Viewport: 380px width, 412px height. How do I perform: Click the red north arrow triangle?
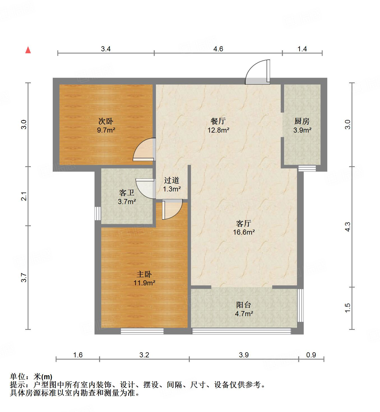click(x=28, y=50)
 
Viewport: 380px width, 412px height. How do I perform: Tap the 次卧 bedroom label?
click(x=106, y=121)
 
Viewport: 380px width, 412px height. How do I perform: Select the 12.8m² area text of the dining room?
click(x=218, y=130)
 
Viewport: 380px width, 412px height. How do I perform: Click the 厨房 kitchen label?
click(x=302, y=121)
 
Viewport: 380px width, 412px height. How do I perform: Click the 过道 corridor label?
click(x=171, y=180)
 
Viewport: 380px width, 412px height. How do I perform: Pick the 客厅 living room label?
click(x=244, y=223)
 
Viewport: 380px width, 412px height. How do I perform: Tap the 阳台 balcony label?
click(x=244, y=305)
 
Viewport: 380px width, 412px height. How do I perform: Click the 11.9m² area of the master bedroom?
click(x=144, y=283)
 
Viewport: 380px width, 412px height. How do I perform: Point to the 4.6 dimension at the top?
click(x=218, y=49)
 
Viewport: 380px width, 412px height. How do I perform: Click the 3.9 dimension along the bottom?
click(x=244, y=355)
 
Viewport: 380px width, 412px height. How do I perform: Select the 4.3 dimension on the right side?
click(x=347, y=227)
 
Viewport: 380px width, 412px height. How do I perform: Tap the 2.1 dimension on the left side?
click(x=25, y=196)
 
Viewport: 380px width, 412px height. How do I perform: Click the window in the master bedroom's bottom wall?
click(x=142, y=331)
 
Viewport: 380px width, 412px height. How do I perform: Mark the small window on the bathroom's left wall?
click(x=97, y=213)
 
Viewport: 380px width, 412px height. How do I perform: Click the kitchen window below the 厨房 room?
click(x=307, y=168)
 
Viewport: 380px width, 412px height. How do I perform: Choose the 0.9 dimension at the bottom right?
click(x=311, y=355)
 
